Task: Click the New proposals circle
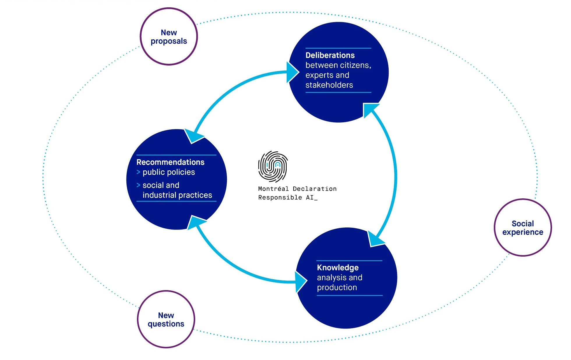pyautogui.click(x=169, y=36)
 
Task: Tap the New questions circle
pyautogui.click(x=166, y=319)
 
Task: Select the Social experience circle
pyautogui.click(x=523, y=227)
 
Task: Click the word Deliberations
pyautogui.click(x=330, y=55)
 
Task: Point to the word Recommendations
pyautogui.click(x=170, y=162)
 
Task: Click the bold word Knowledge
pyautogui.click(x=338, y=268)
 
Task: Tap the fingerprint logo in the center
pyautogui.click(x=273, y=166)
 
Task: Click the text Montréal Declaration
pyautogui.click(x=297, y=189)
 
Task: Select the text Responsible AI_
pyautogui.click(x=288, y=197)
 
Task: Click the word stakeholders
pyautogui.click(x=329, y=85)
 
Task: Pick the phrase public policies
pyautogui.click(x=169, y=172)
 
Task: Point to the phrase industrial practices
pyautogui.click(x=177, y=195)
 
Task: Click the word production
pyautogui.click(x=337, y=287)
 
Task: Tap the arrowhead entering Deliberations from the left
pyautogui.click(x=292, y=72)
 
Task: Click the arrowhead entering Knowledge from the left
pyautogui.click(x=301, y=282)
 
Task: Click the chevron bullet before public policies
pyautogui.click(x=138, y=172)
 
